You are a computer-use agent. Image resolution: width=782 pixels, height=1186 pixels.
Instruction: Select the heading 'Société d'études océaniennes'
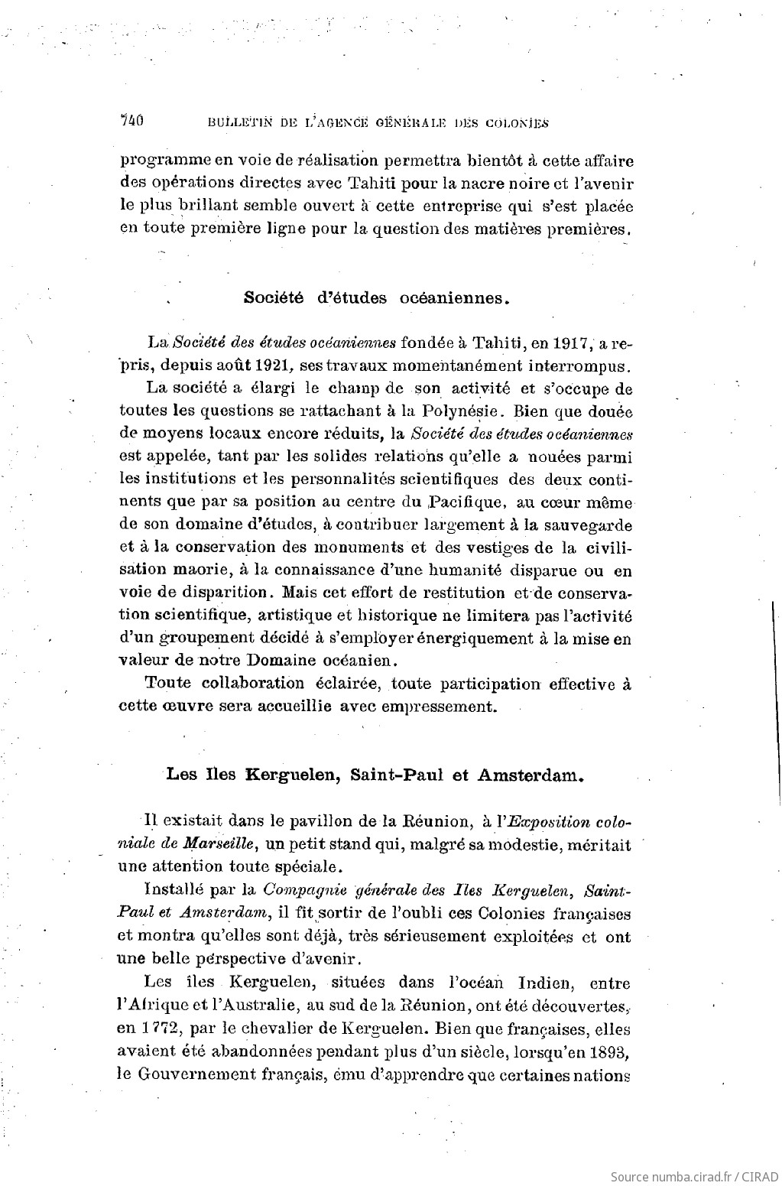tap(376, 298)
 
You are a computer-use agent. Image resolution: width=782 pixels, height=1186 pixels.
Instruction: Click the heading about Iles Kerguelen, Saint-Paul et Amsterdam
tap(375, 774)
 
